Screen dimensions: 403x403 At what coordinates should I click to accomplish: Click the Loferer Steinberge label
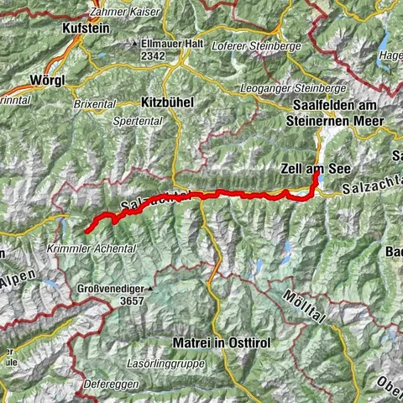click(x=256, y=45)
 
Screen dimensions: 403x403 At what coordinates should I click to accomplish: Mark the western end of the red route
click(x=86, y=230)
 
